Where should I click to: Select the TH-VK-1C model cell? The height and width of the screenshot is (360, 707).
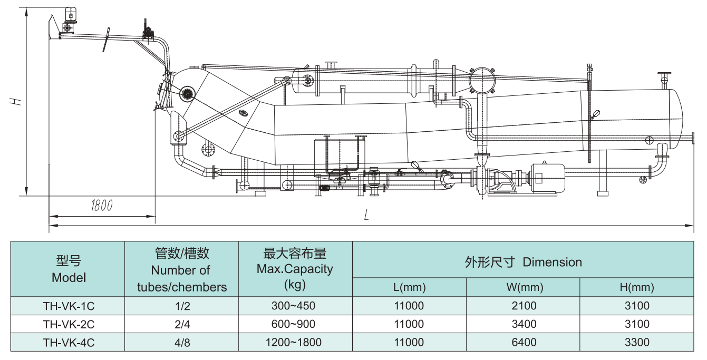69,306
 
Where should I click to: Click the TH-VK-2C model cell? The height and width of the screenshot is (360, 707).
69,324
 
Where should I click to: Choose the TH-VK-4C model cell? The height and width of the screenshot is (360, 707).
69,343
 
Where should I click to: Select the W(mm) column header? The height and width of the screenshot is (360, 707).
523,288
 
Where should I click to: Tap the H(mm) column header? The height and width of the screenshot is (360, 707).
637,288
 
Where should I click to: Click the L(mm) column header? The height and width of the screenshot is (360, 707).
409,288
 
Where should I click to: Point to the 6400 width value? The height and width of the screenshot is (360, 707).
523,343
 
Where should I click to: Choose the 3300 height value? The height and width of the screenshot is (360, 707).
637,343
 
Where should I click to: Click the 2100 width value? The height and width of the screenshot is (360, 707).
523,306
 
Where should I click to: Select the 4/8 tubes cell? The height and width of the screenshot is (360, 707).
181,343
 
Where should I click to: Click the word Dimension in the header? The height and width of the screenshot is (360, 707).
553,262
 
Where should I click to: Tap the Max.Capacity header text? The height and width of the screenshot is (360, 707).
295,269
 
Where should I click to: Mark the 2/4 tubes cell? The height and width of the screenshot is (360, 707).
181,324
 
